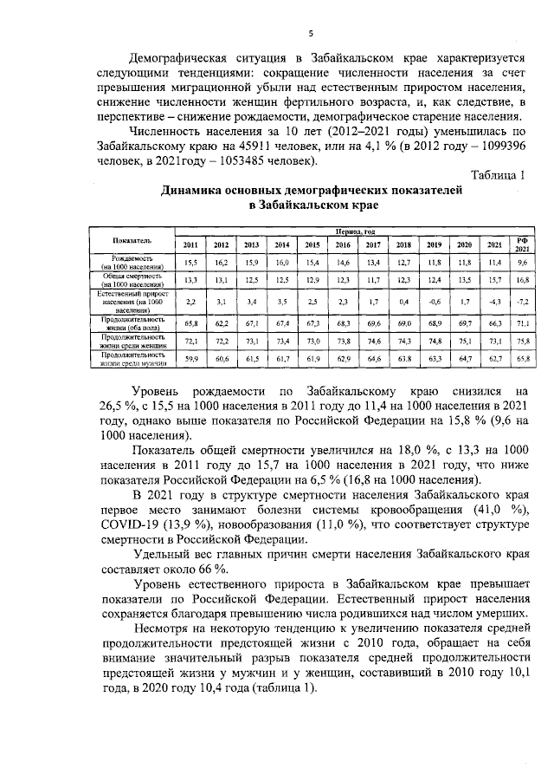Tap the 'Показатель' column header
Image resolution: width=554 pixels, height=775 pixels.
132,239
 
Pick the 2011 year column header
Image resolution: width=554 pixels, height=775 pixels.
190,244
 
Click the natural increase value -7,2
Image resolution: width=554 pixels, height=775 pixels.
522,301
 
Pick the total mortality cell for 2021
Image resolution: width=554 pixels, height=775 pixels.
494,279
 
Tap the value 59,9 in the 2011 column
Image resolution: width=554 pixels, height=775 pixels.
190,356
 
